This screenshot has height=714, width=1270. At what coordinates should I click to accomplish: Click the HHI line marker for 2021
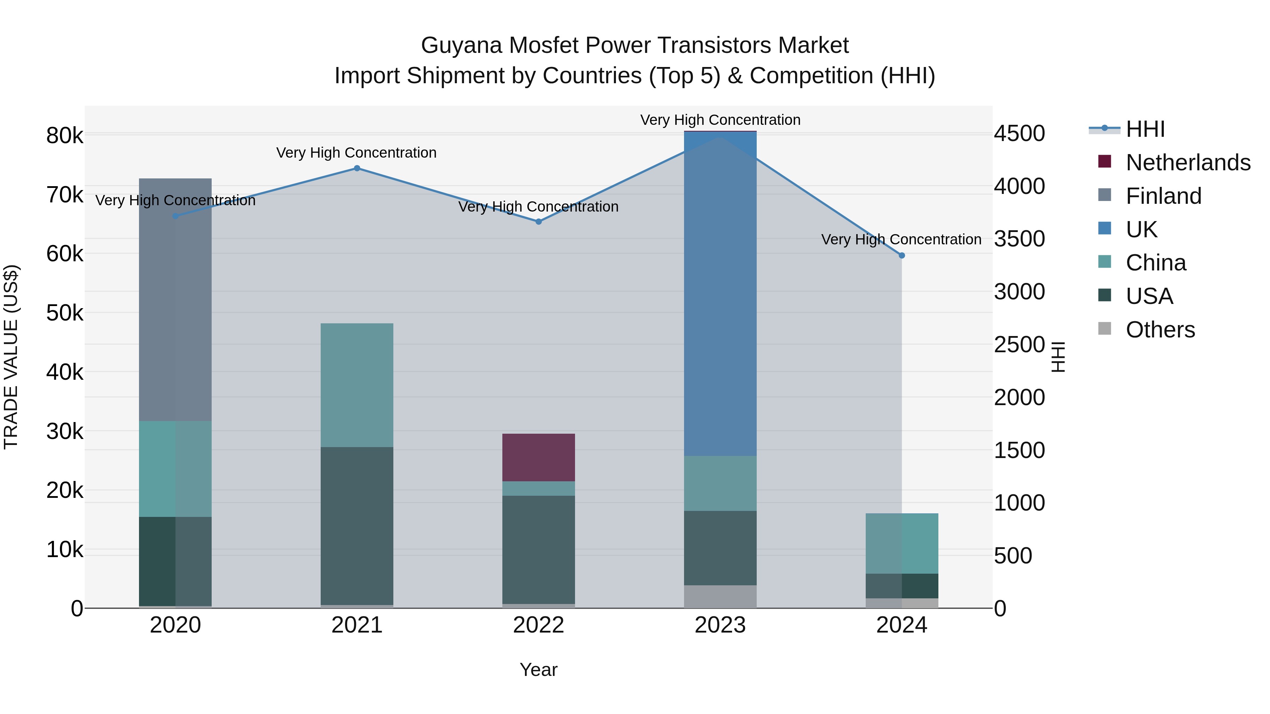tap(357, 169)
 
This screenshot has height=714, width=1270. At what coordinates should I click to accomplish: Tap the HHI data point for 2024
tap(902, 255)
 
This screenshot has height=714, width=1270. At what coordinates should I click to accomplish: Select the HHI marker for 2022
tap(538, 222)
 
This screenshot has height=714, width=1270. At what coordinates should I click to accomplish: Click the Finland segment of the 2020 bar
tap(176, 300)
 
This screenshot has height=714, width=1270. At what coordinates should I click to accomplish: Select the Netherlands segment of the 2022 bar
tap(538, 457)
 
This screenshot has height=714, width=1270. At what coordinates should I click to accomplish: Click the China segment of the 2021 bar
tap(357, 385)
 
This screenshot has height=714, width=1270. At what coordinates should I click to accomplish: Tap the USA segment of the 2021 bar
tap(357, 526)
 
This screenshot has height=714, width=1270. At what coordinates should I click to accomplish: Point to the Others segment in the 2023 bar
tap(720, 596)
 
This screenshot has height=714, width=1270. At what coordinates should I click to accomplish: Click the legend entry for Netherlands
tap(1188, 163)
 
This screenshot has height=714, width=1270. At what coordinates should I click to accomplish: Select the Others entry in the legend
tap(1160, 330)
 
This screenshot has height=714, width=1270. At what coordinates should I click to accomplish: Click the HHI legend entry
tap(1145, 129)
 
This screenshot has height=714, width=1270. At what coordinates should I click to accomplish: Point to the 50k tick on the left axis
tap(65, 313)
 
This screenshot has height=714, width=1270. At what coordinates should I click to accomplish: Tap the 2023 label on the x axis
tap(720, 625)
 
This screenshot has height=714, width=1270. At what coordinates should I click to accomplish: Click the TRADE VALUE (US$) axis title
tap(11, 357)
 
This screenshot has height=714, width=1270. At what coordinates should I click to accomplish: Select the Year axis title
tap(538, 670)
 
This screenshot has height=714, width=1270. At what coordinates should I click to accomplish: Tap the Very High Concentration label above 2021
tap(356, 153)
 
